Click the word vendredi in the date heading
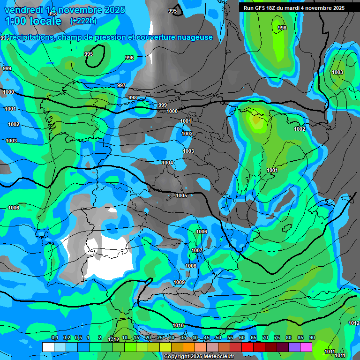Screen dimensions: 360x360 tap(23, 10)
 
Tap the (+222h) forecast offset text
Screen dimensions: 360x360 tap(83, 21)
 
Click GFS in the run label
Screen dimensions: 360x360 tap(260, 8)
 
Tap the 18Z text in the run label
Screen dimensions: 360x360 tap(272, 8)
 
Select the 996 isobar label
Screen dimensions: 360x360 tap(129, 58)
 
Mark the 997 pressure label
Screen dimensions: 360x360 tap(121, 85)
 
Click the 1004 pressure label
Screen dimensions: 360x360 tap(167, 163)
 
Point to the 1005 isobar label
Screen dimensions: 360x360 tap(181, 195)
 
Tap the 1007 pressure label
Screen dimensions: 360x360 tap(197, 250)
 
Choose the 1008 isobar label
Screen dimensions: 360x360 tap(191, 266)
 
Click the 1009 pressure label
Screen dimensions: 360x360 tap(179, 282)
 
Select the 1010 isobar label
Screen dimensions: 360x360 tap(178, 325)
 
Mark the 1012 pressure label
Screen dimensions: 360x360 tap(354, 323)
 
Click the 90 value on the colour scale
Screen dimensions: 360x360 tap(312, 337)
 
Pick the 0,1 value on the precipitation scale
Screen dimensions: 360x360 tap(55, 337)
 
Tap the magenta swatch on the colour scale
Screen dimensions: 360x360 tap(306, 347)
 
